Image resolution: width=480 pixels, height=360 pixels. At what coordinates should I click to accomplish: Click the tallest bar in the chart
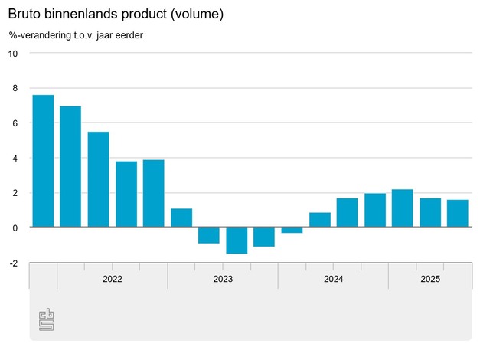coord(43,161)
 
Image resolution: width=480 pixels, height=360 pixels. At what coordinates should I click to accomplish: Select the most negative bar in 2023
coord(237,241)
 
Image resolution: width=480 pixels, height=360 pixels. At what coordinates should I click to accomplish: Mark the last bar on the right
coord(457,214)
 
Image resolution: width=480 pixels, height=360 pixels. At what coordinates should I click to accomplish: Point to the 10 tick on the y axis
coord(13,53)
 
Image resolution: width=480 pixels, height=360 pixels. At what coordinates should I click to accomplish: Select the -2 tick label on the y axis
coord(13,263)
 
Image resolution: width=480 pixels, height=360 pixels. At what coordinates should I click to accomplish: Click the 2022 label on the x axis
coord(112,279)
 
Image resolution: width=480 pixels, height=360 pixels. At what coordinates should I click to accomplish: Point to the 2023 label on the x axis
coord(223,279)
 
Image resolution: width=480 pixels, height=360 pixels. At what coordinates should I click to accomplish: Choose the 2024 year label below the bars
coord(333,279)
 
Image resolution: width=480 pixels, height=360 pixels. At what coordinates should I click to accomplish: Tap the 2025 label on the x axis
coord(430,279)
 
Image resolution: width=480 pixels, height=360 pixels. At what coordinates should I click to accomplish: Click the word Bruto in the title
coord(24,15)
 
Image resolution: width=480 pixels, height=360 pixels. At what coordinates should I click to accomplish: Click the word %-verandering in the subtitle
coord(44,35)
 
